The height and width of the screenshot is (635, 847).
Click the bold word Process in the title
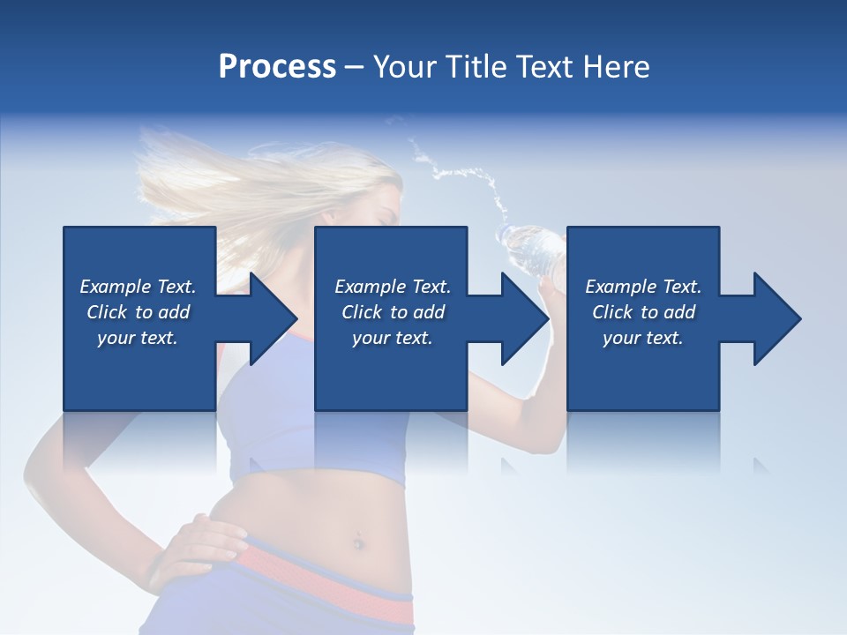click(277, 67)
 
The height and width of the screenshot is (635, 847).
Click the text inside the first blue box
click(138, 312)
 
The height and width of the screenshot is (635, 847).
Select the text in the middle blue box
click(392, 312)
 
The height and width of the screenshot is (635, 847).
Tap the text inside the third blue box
click(642, 312)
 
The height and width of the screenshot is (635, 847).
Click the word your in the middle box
click(371, 338)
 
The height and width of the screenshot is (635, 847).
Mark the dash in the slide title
click(354, 68)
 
